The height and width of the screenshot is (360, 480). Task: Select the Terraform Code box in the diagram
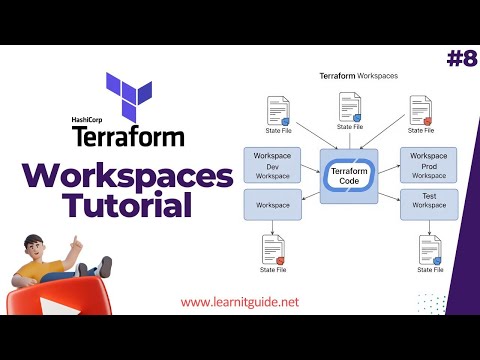point(349,175)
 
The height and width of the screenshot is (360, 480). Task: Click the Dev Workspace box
point(272,165)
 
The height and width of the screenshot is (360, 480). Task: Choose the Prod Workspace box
point(429,165)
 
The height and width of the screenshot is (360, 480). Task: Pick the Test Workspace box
point(429,204)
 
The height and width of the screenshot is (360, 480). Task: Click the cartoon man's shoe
point(105,264)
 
